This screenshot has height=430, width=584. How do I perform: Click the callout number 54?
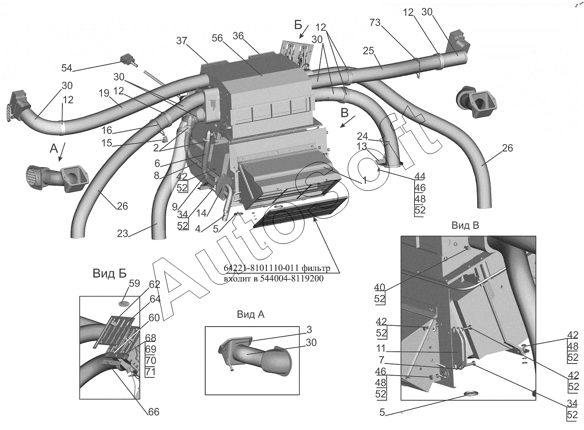[x=67, y=68]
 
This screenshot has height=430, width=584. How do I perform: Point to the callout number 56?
[x=217, y=39]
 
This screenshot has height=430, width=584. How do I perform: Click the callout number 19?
[x=104, y=93]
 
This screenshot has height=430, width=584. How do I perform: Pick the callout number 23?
[x=123, y=234]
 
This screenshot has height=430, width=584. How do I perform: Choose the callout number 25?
[x=368, y=51]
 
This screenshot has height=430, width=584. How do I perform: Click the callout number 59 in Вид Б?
[x=134, y=284]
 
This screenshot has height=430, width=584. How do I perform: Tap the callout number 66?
[x=153, y=412]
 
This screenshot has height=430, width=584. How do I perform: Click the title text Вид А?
[x=251, y=315]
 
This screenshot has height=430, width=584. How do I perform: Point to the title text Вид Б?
[x=110, y=273]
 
